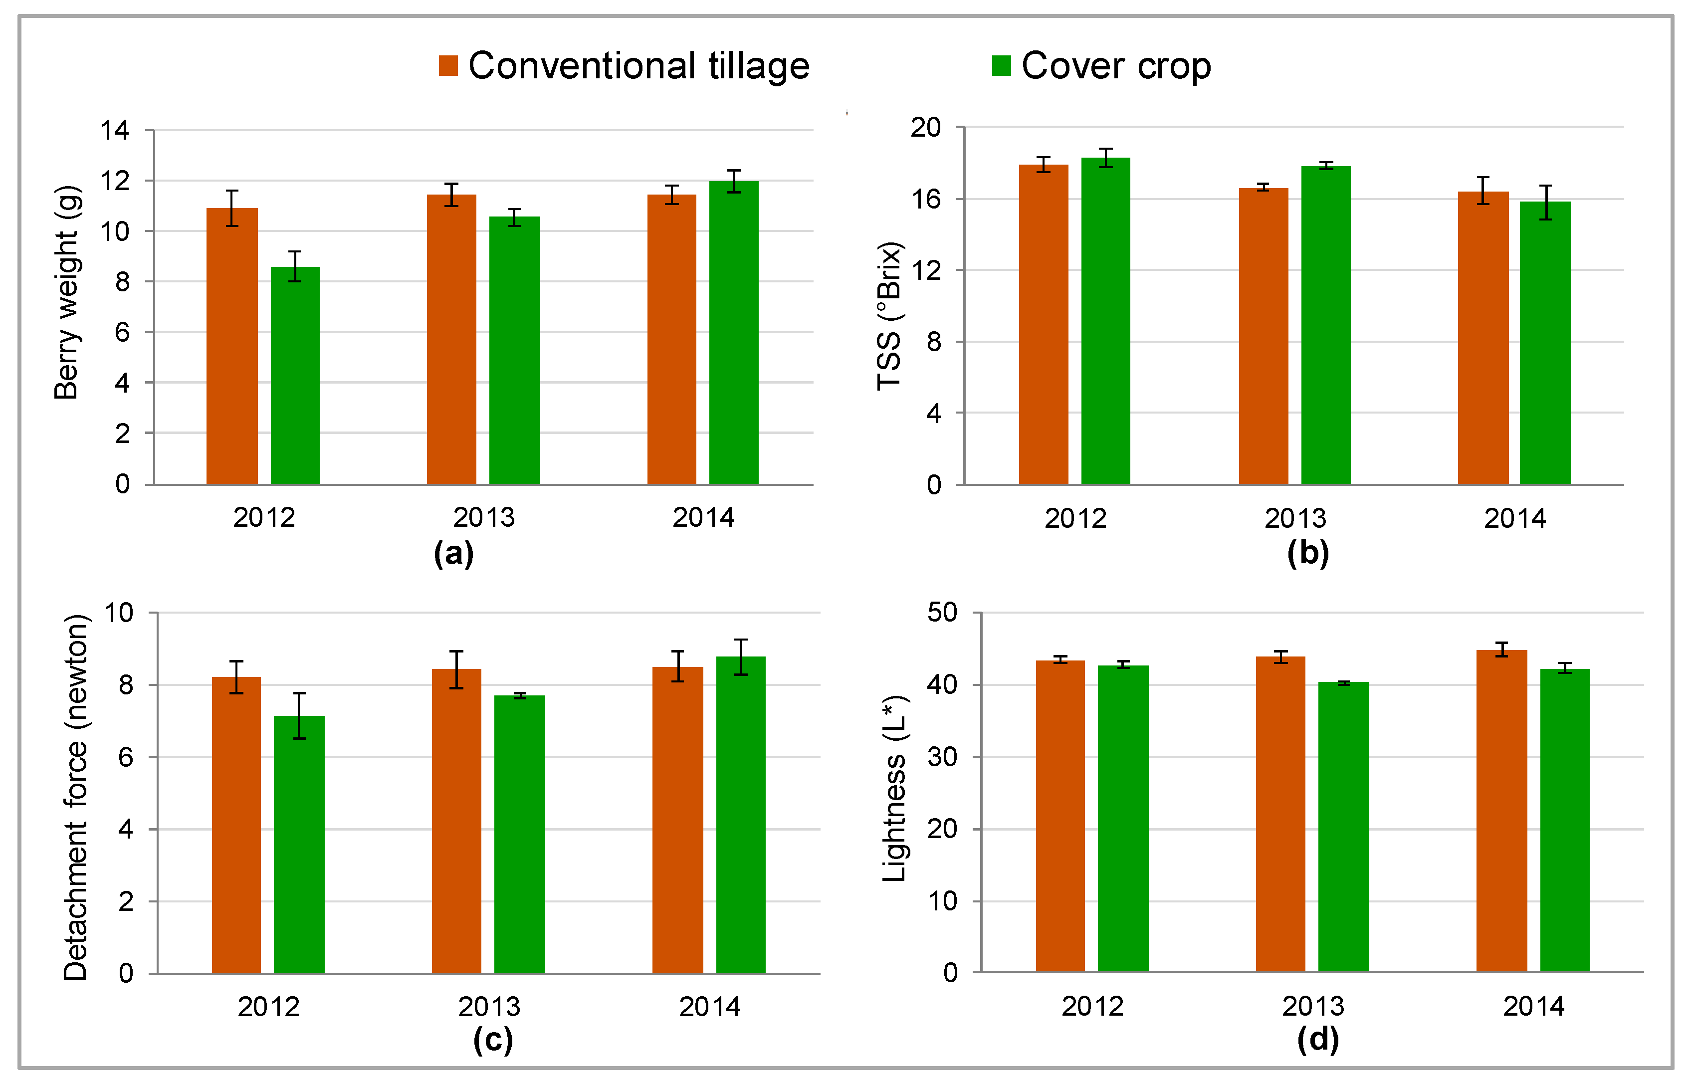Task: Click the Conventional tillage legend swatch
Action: (448, 66)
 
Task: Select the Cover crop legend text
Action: (1116, 66)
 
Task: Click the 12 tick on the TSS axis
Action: (925, 270)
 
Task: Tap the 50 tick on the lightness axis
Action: (942, 612)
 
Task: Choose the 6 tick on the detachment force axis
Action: (126, 757)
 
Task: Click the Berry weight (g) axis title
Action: (68, 293)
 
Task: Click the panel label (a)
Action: (453, 553)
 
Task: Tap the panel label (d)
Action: (1317, 1039)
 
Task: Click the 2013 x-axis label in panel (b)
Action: (1294, 519)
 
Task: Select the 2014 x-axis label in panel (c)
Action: (709, 1007)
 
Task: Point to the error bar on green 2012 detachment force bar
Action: (299, 716)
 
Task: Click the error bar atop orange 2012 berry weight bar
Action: (232, 208)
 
